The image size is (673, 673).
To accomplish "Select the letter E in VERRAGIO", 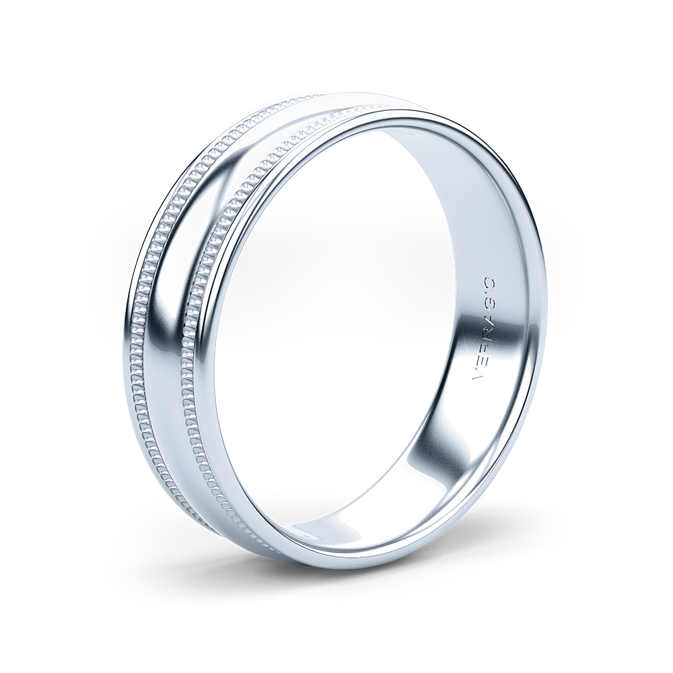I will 480,364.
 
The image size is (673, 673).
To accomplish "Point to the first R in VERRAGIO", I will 481,349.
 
